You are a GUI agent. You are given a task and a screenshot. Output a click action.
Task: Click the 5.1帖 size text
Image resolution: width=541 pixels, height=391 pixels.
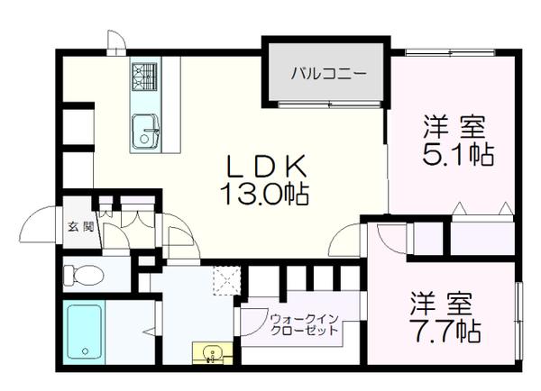click(457, 154)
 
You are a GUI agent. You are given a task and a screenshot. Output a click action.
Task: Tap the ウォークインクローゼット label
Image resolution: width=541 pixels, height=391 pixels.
click(303, 324)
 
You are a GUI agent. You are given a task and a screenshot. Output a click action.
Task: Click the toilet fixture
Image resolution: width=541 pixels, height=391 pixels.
click(87, 274)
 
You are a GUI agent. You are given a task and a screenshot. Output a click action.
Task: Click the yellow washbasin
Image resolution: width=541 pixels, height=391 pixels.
click(211, 352)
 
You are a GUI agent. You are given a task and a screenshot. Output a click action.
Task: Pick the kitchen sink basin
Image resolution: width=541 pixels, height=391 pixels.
click(143, 132)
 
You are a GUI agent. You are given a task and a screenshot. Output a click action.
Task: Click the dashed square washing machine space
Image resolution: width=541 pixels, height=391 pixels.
click(226, 282)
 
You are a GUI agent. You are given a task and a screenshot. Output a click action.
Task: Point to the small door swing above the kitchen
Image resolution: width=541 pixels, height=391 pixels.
click(116, 41)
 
